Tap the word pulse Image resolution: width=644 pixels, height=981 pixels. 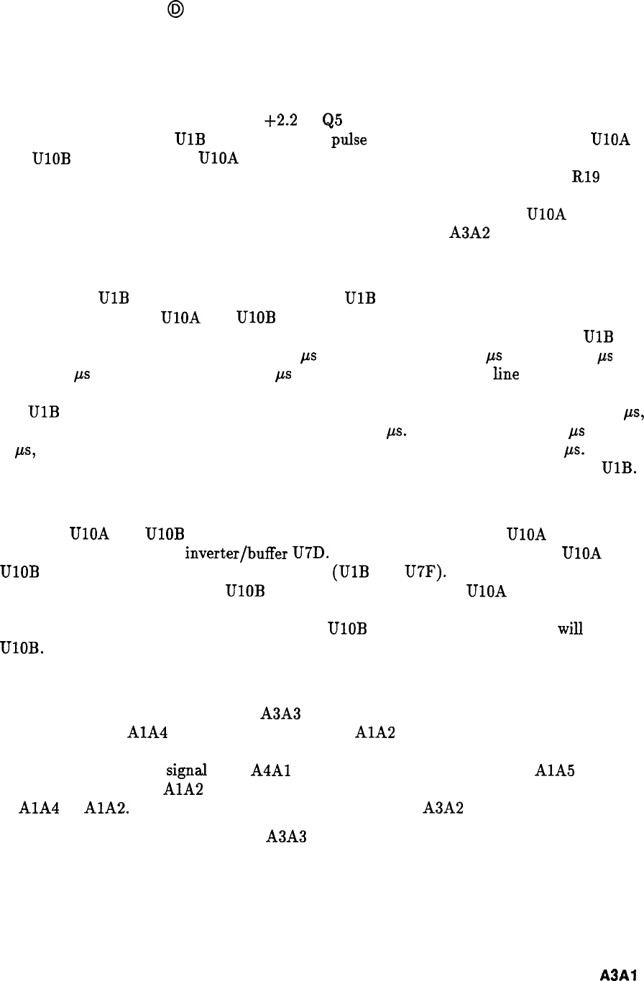[349, 140]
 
